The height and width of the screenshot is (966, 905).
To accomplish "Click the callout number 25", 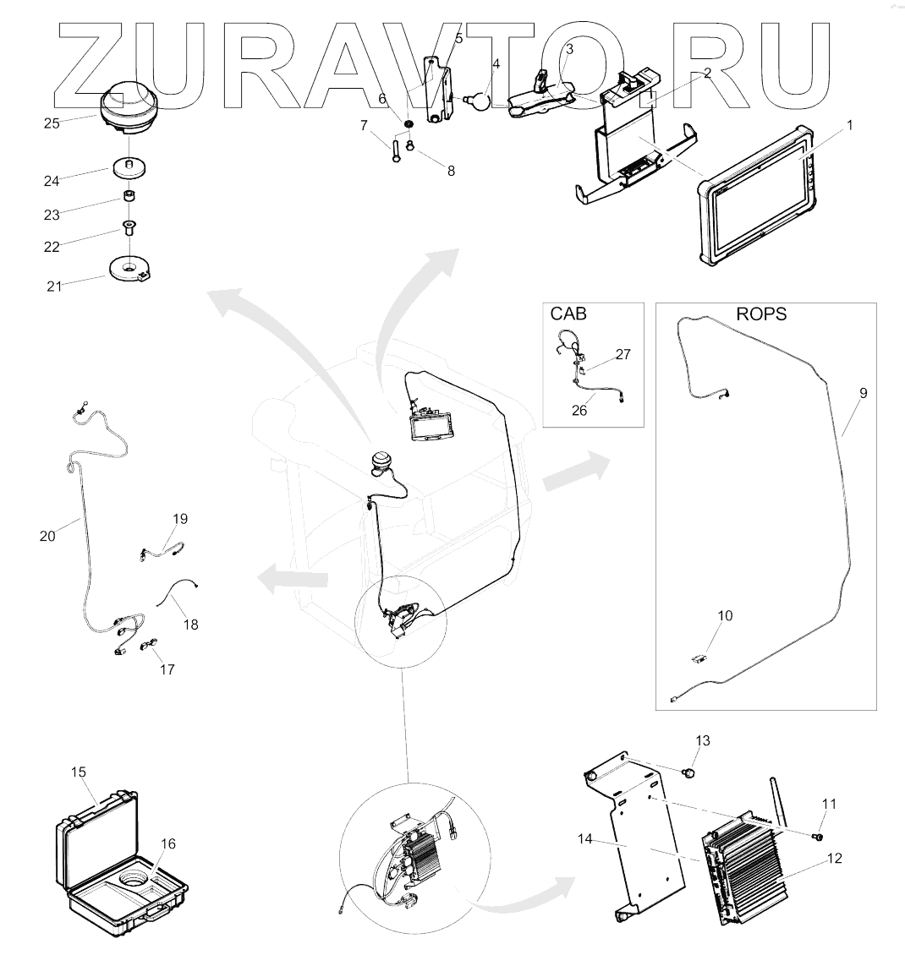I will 52,123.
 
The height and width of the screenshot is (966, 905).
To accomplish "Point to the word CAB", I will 568,314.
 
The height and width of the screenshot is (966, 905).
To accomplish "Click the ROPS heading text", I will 761,314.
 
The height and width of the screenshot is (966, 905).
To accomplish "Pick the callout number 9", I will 863,393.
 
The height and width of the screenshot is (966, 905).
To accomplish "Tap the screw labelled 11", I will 818,836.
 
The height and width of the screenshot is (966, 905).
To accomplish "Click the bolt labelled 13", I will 689,772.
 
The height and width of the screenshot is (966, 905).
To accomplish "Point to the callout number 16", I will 169,843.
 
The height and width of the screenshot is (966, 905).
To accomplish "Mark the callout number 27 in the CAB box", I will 623,354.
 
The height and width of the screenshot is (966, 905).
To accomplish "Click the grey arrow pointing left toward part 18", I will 293,581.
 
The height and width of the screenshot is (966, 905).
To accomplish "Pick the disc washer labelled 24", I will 129,167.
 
